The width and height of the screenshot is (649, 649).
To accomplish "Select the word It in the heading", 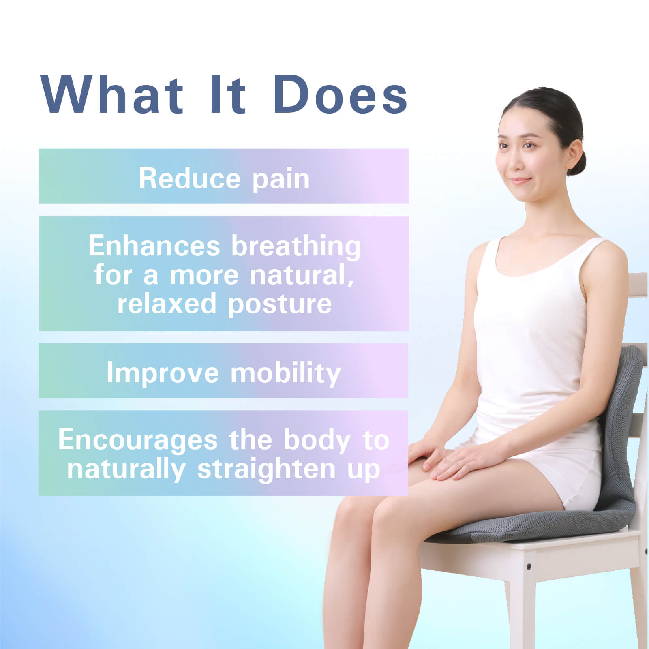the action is pos(228,95).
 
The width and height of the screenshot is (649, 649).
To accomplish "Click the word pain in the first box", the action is pos(281,180).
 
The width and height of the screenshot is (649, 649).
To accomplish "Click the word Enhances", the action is pos(154,245).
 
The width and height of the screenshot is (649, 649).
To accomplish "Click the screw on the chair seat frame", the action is pos(529,566).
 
